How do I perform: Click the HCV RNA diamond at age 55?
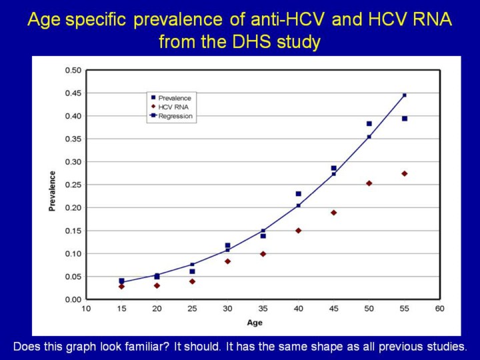click(x=404, y=173)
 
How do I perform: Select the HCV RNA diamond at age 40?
click(x=298, y=231)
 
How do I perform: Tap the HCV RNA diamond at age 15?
click(x=121, y=287)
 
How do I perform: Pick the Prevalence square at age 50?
click(x=369, y=123)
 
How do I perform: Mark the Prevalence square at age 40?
click(x=298, y=194)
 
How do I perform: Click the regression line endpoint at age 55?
click(x=404, y=95)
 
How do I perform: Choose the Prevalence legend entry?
click(x=173, y=98)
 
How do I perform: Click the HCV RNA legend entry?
click(x=172, y=107)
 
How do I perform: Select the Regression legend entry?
click(x=175, y=116)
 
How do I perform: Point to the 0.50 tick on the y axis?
click(x=73, y=70)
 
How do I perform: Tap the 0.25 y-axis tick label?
click(x=73, y=185)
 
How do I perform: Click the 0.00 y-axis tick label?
click(x=73, y=299)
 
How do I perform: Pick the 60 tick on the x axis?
click(x=439, y=309)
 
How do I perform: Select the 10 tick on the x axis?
click(x=86, y=309)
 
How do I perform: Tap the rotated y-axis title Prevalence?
click(x=52, y=191)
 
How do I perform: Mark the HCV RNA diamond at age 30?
click(x=227, y=261)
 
